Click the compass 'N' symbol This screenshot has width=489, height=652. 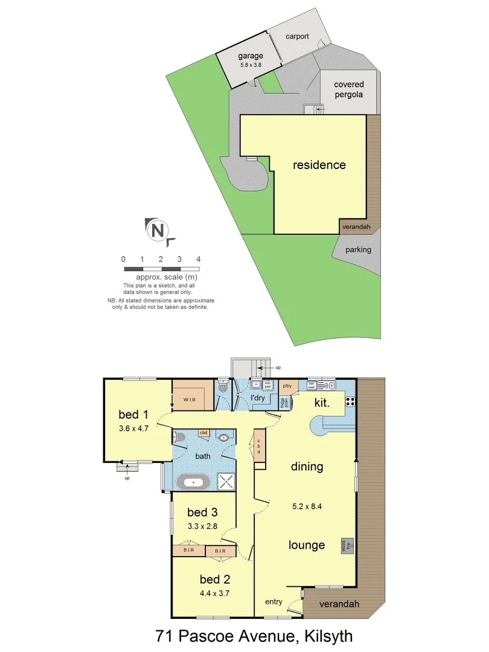(158, 231)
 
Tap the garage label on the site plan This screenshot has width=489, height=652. (250, 56)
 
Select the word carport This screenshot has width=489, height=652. (297, 36)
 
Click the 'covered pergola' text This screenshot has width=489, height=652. (348, 90)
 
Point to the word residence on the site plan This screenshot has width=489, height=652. (319, 165)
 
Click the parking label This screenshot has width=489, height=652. (358, 249)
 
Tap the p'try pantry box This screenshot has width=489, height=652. (287, 385)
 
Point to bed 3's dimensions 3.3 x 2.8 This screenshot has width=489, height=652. (202, 526)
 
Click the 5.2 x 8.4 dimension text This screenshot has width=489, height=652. (307, 507)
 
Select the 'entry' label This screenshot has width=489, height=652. (273, 602)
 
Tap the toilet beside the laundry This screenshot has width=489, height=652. (223, 390)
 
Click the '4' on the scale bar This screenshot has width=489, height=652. (198, 259)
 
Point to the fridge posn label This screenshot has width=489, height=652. (284, 402)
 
